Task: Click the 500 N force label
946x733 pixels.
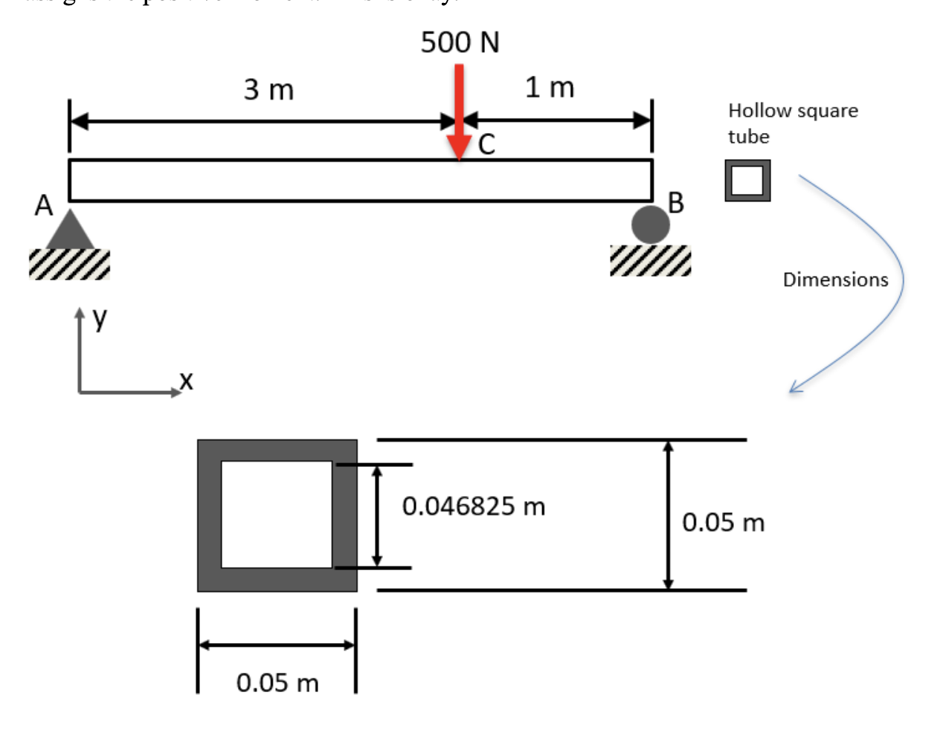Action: pyautogui.click(x=460, y=42)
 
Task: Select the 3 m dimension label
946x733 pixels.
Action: pyautogui.click(x=268, y=90)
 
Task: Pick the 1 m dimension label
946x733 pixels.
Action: pyautogui.click(x=550, y=88)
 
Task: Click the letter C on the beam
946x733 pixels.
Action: pyautogui.click(x=486, y=144)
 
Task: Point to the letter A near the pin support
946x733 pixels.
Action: pyautogui.click(x=44, y=205)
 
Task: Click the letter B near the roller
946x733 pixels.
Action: pyautogui.click(x=675, y=202)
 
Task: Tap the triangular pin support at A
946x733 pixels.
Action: pyautogui.click(x=70, y=231)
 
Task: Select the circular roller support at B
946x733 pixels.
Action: pyautogui.click(x=650, y=225)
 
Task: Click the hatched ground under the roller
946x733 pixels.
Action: pyautogui.click(x=650, y=261)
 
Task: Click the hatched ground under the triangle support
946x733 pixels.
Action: pyautogui.click(x=69, y=264)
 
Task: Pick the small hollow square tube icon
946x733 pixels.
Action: pyautogui.click(x=747, y=181)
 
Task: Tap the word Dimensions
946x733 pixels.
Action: pyautogui.click(x=835, y=280)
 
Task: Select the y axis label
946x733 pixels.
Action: pyautogui.click(x=100, y=319)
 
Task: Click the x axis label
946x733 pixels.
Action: pyautogui.click(x=186, y=381)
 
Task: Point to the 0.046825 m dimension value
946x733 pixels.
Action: pyautogui.click(x=474, y=506)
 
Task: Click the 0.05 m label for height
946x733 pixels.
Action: pyautogui.click(x=723, y=523)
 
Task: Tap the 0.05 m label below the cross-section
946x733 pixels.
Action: pyautogui.click(x=277, y=682)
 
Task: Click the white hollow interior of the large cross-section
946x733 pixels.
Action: pyautogui.click(x=277, y=514)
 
